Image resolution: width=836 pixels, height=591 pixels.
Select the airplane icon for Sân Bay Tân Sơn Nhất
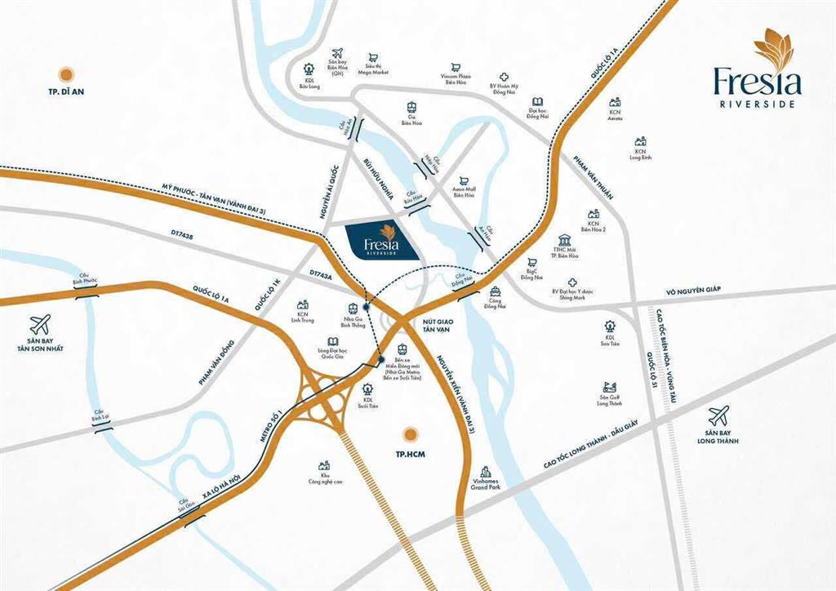click(40, 324)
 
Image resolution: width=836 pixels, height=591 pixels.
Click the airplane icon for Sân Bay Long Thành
click(718, 415)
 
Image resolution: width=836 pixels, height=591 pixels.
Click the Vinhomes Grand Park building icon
click(487, 472)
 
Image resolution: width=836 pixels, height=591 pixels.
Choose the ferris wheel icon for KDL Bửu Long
click(309, 69)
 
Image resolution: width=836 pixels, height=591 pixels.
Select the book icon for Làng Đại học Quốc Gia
click(332, 342)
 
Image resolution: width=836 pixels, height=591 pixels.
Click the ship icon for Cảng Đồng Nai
click(495, 291)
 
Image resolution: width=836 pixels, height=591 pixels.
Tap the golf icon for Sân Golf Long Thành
click(609, 387)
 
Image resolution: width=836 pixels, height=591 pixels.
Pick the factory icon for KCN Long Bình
click(641, 141)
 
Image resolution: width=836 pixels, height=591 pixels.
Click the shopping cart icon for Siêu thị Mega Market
click(373, 58)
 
